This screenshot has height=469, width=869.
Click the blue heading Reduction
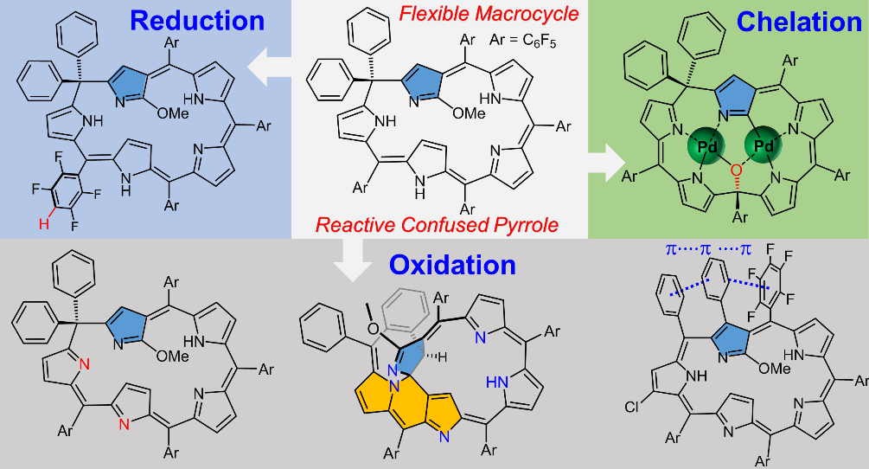(x=197, y=21)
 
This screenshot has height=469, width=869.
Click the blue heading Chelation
(x=800, y=21)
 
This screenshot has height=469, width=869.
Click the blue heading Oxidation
(x=451, y=264)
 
